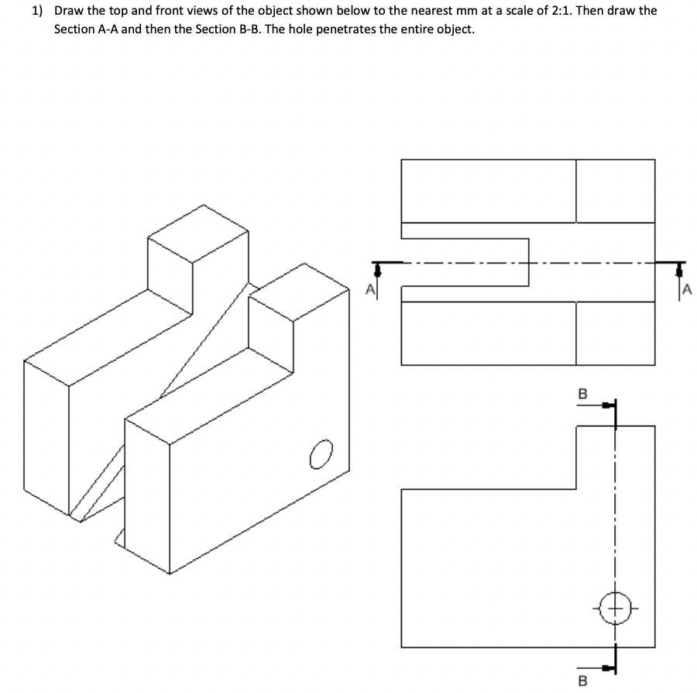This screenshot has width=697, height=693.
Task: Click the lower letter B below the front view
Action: (x=582, y=681)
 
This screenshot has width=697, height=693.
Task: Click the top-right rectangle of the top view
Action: (x=615, y=190)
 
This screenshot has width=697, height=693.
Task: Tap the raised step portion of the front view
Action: (x=615, y=457)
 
